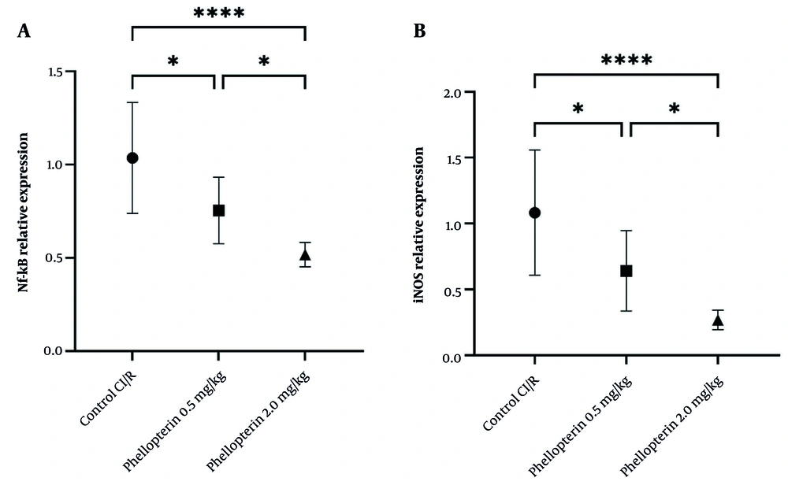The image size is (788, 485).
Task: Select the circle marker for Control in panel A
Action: click(132, 158)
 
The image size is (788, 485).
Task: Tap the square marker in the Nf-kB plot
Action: click(219, 210)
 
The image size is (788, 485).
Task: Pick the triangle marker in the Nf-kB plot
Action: click(305, 254)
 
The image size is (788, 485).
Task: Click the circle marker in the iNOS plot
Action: click(535, 213)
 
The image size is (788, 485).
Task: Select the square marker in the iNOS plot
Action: click(626, 271)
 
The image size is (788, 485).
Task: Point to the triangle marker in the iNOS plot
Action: click(718, 320)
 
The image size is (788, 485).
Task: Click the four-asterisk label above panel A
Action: click(218, 14)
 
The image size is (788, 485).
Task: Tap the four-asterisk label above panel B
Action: click(626, 61)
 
